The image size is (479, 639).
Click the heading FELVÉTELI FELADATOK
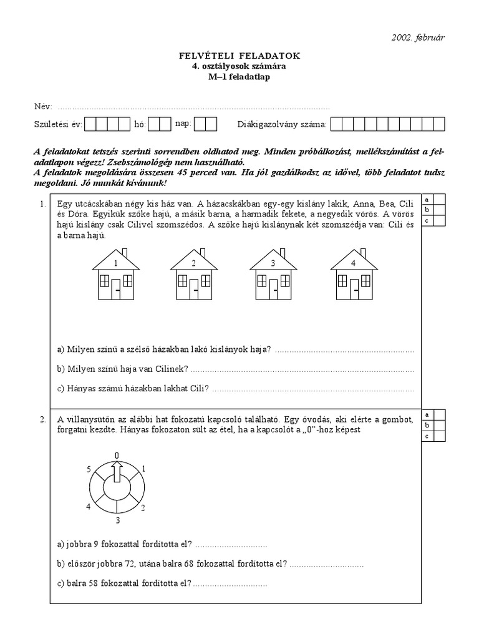click(239, 56)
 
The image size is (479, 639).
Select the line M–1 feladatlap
click(239, 77)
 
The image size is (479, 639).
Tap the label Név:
click(43, 107)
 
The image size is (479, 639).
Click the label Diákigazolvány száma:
click(282, 124)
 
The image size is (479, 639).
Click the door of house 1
click(117, 289)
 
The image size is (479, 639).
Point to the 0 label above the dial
click(117, 456)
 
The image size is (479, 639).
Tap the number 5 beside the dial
click(89, 469)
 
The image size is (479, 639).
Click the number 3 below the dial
click(117, 519)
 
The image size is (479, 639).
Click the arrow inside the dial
click(117, 474)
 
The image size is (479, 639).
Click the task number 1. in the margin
click(42, 203)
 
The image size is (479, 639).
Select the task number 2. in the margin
click(42, 419)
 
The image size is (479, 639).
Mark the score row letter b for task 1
click(427, 210)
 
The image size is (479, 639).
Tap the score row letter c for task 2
click(427, 436)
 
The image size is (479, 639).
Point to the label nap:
click(183, 124)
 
